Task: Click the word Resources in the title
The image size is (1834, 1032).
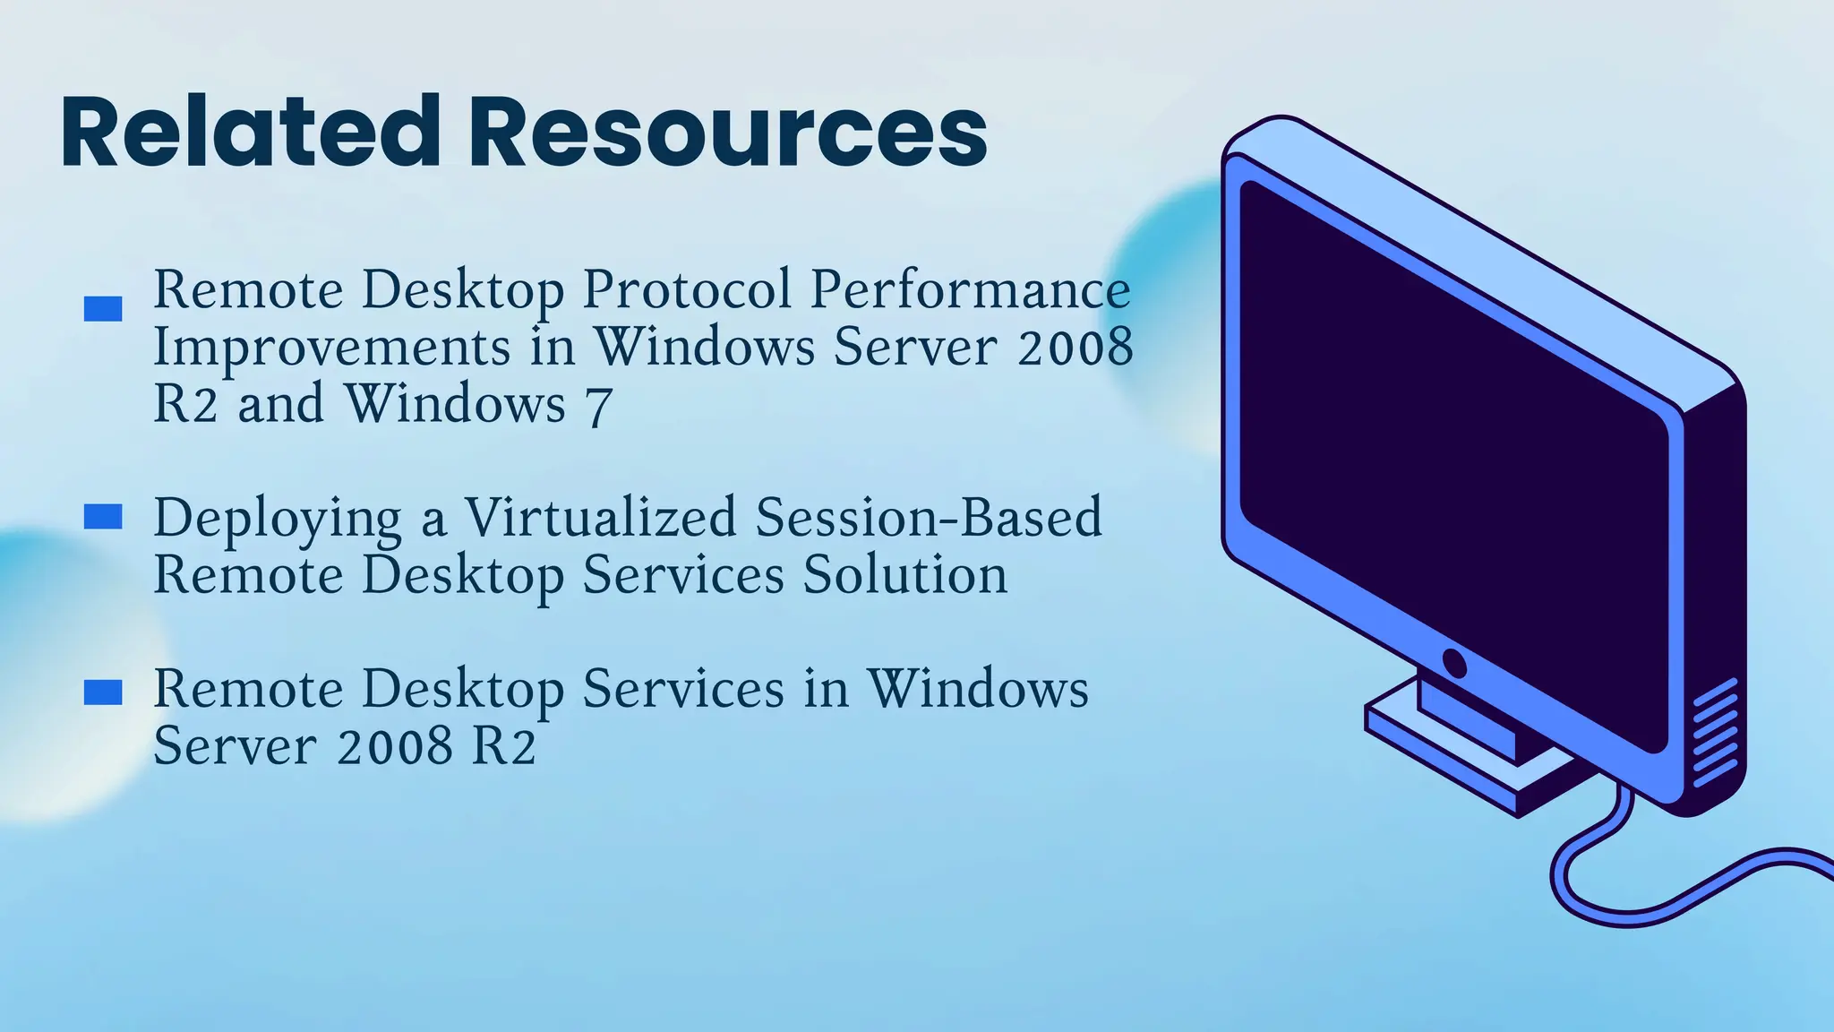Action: point(727,132)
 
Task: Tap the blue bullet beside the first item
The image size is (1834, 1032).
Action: point(103,309)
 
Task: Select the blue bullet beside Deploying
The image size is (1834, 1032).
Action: point(103,517)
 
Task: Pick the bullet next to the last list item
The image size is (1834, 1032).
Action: point(103,692)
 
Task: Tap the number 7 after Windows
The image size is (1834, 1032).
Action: point(598,406)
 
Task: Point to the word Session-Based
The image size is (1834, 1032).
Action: point(928,518)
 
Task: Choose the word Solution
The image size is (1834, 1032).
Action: point(904,575)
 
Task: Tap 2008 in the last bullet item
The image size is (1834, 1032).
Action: point(395,745)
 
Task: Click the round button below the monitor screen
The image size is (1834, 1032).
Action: point(1454,664)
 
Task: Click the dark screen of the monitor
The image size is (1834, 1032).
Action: point(1451,448)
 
